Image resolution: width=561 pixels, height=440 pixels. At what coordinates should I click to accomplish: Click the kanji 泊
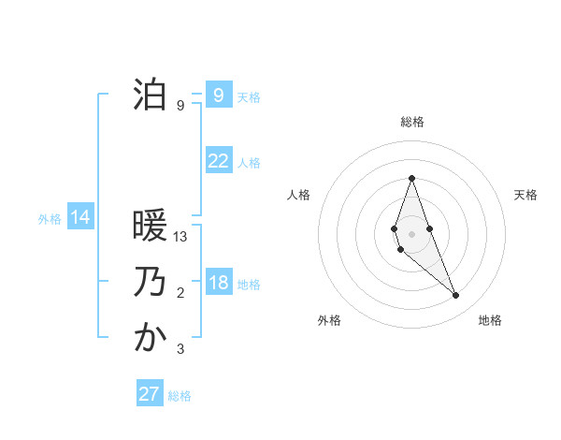(150, 95)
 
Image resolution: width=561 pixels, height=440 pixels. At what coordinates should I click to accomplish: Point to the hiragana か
(150, 338)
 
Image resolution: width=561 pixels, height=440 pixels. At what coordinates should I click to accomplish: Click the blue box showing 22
(218, 161)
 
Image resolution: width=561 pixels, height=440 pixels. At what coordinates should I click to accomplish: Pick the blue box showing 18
(218, 283)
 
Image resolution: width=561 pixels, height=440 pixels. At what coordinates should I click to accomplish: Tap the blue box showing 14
(80, 218)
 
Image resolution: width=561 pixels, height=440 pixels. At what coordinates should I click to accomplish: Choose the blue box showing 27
(150, 393)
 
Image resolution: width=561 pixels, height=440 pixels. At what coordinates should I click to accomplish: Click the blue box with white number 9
(218, 95)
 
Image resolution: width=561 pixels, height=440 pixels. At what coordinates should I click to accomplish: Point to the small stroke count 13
(181, 237)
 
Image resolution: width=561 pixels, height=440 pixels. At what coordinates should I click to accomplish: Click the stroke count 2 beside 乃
(180, 293)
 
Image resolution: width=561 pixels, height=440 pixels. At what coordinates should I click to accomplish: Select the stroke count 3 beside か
(180, 349)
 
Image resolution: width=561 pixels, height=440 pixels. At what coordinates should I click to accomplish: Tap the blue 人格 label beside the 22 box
(249, 163)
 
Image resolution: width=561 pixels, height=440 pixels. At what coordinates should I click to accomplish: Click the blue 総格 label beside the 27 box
(180, 396)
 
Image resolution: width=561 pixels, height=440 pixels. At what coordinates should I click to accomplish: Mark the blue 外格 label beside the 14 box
(50, 219)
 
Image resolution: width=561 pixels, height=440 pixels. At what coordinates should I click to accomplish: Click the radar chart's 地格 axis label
(490, 321)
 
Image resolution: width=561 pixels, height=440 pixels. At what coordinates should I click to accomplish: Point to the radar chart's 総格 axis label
(411, 122)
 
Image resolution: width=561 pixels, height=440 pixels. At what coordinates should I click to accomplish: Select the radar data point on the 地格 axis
(455, 296)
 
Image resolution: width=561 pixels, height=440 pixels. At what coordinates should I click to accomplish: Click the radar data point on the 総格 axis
(411, 178)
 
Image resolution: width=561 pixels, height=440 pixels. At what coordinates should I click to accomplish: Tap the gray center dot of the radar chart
(411, 234)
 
